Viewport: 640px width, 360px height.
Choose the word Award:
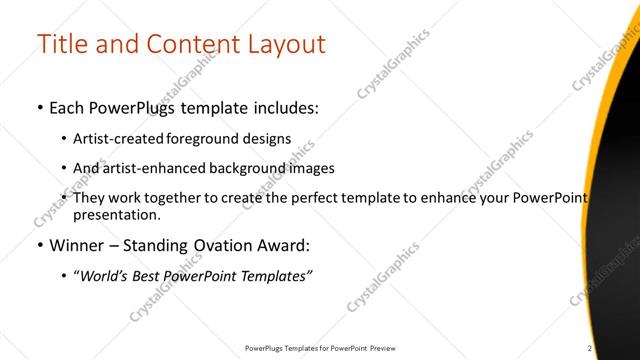tap(283, 245)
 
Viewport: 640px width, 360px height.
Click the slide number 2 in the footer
tap(591, 347)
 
